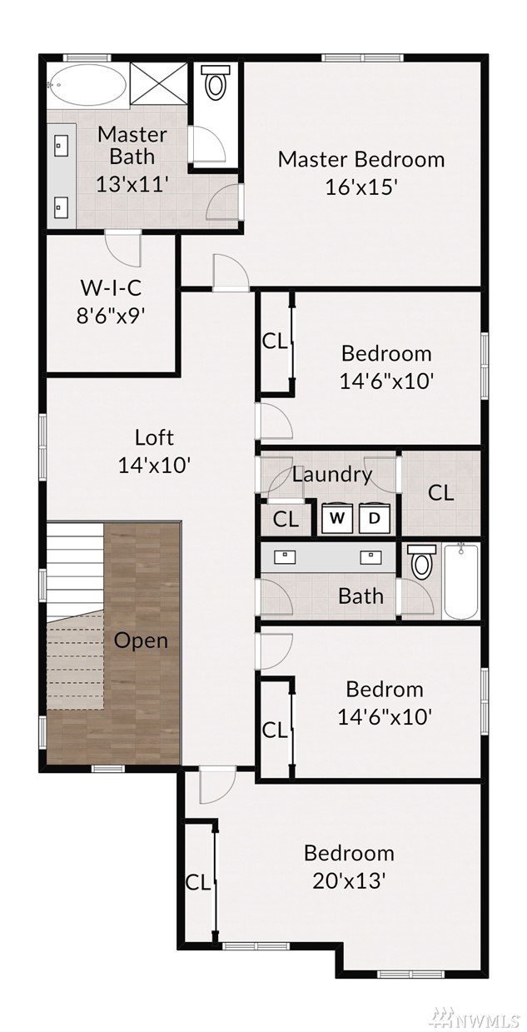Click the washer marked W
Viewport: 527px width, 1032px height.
click(337, 518)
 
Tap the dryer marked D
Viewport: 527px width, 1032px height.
click(375, 518)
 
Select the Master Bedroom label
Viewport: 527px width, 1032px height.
click(361, 159)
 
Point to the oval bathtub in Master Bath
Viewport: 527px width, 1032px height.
click(88, 85)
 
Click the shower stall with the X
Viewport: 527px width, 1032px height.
click(158, 84)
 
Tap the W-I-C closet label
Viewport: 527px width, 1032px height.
click(111, 288)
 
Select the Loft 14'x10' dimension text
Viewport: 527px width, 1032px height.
click(154, 465)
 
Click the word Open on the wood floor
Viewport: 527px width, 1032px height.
click(141, 641)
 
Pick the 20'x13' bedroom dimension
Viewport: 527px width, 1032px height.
click(349, 881)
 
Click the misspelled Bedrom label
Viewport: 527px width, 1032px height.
click(385, 689)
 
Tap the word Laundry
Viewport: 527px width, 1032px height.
click(332, 475)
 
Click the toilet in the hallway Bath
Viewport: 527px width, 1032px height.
click(421, 561)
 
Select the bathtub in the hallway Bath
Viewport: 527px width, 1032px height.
click(460, 581)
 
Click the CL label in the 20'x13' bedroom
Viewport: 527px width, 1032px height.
click(198, 883)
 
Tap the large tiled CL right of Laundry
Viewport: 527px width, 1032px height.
click(441, 493)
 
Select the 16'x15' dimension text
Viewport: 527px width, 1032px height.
click(361, 187)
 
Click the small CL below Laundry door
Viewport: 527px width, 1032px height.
click(286, 520)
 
